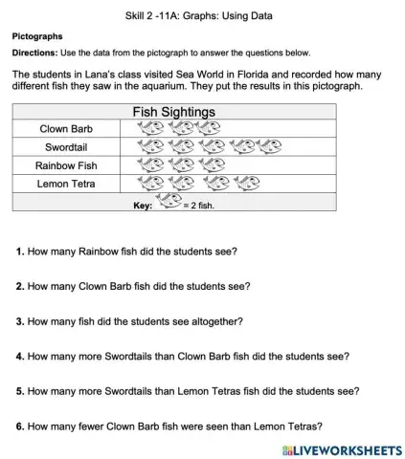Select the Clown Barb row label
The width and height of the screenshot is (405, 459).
[x=66, y=129]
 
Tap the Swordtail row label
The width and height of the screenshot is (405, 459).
[x=66, y=147]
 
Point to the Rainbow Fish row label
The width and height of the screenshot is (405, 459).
[x=66, y=165]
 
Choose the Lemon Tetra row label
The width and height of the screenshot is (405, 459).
[x=66, y=184]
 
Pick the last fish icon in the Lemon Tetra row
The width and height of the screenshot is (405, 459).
[x=247, y=184]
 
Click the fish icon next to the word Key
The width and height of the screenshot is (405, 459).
[x=169, y=202]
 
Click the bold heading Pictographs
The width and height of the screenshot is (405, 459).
[x=37, y=35]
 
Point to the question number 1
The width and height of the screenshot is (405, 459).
[x=20, y=251]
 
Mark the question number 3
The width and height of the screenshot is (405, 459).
[x=20, y=320]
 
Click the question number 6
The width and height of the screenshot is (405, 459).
[x=20, y=426]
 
